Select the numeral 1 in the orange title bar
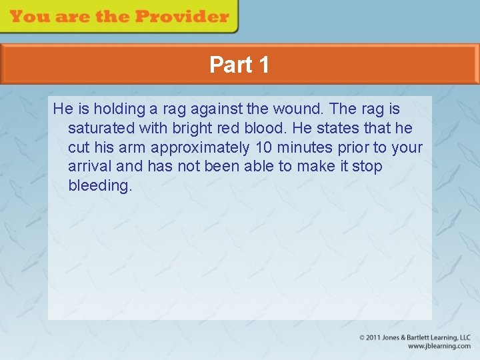263,65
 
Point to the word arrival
90,166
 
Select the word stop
367,166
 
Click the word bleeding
100,186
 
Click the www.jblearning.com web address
439,347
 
